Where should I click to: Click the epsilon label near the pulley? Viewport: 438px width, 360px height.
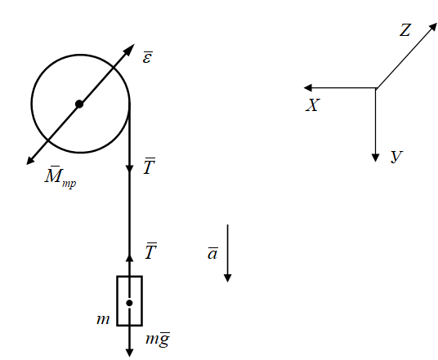pos(147,57)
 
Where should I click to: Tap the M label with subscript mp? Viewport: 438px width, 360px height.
pos(60,177)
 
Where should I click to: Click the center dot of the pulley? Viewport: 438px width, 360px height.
pos(79,104)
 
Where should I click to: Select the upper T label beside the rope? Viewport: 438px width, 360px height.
pos(150,167)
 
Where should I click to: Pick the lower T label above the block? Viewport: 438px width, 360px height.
pos(150,251)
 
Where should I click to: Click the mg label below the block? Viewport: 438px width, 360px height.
pos(158,340)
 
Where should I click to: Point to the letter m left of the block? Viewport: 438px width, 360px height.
pos(103,319)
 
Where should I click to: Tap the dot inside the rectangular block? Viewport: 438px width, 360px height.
pos(129,303)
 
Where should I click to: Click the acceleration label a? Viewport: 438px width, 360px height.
pos(212,253)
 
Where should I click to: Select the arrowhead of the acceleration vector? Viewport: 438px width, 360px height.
pos(228,278)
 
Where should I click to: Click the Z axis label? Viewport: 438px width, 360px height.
pos(405,30)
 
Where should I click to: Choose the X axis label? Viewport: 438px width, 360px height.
pos(313,105)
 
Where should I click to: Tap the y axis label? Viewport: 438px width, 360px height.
pos(396,156)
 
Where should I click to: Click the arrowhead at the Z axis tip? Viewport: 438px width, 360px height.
pos(433,27)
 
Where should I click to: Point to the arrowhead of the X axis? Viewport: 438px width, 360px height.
pos(307,88)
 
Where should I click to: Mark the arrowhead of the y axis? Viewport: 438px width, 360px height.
pos(375,158)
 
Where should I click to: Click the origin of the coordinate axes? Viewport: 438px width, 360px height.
pos(376,88)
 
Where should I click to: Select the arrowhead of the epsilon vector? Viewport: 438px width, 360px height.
pos(130,49)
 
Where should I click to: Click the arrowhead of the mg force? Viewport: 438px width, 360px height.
pos(129,353)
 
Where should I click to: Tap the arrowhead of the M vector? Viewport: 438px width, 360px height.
pos(30,160)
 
